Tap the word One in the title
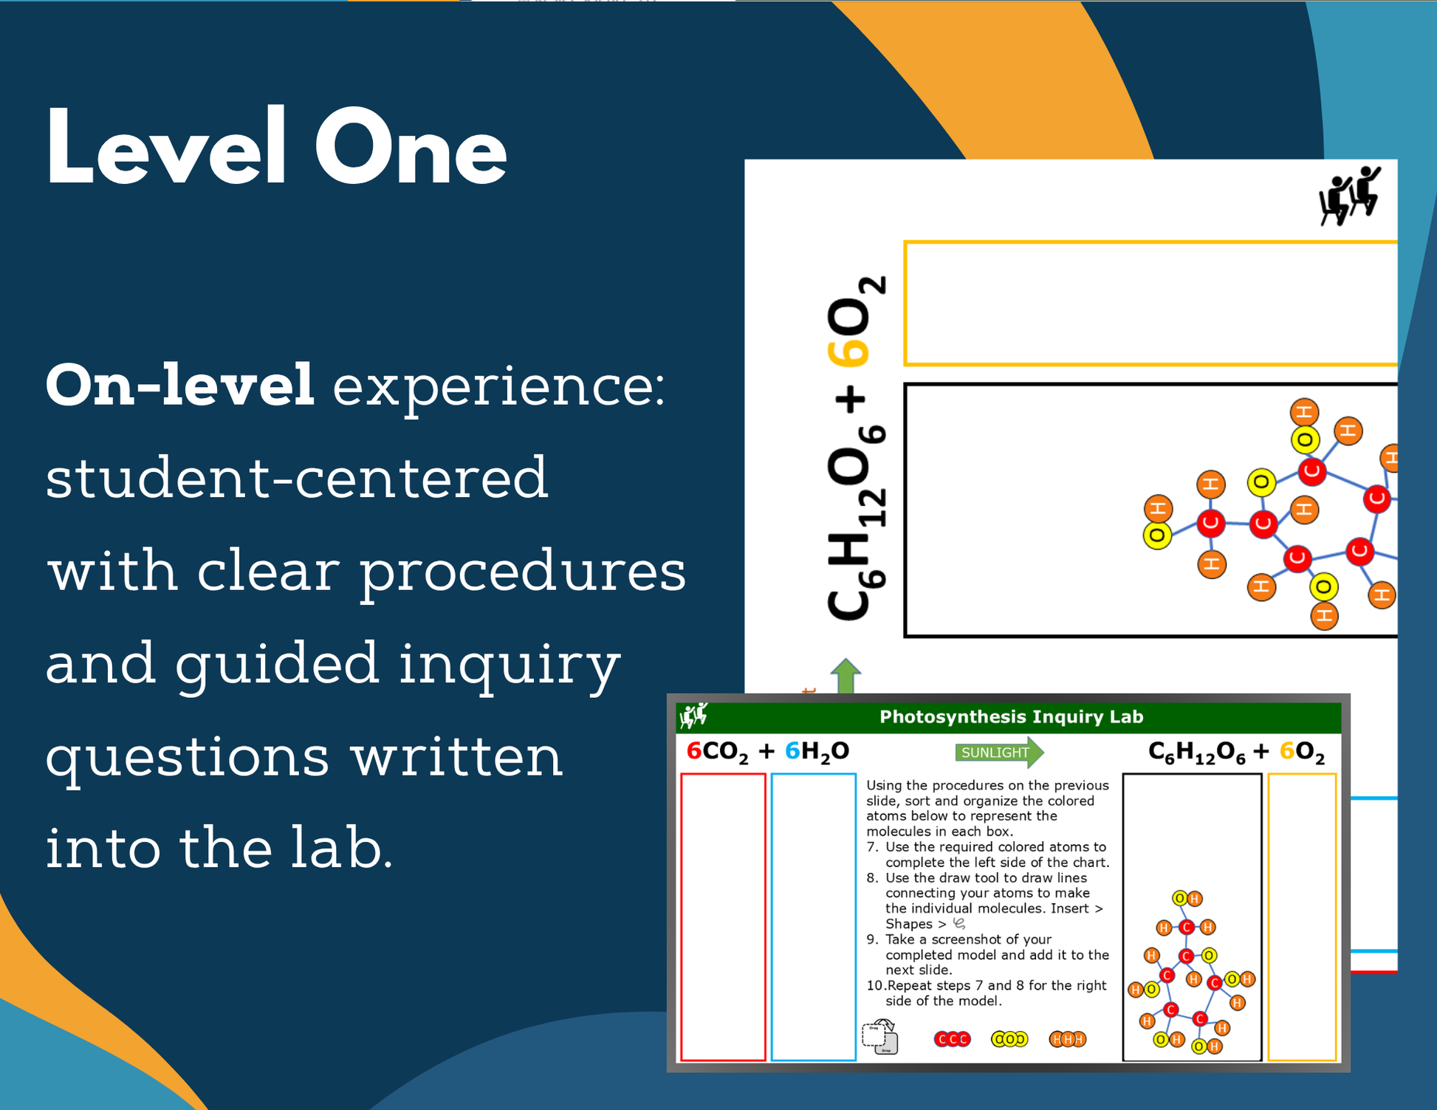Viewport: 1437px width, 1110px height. [x=411, y=148]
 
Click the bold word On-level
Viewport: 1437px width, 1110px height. [x=180, y=385]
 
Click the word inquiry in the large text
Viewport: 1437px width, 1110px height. [x=510, y=664]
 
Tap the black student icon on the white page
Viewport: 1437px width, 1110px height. [x=1349, y=196]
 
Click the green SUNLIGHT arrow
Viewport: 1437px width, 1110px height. [x=999, y=752]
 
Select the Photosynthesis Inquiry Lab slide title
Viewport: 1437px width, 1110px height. [x=1011, y=716]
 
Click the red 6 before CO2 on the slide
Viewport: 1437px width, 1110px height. [x=693, y=751]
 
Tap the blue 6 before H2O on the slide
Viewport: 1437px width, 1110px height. [x=792, y=751]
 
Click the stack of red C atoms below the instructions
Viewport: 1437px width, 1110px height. [x=952, y=1039]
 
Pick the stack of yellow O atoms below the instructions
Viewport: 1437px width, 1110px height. [x=1009, y=1039]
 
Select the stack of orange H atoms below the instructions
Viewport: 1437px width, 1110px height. [x=1067, y=1039]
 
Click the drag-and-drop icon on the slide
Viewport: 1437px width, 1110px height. [x=879, y=1037]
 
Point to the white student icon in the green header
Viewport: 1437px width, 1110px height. [x=693, y=716]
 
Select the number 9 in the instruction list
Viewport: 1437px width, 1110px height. [x=871, y=939]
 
